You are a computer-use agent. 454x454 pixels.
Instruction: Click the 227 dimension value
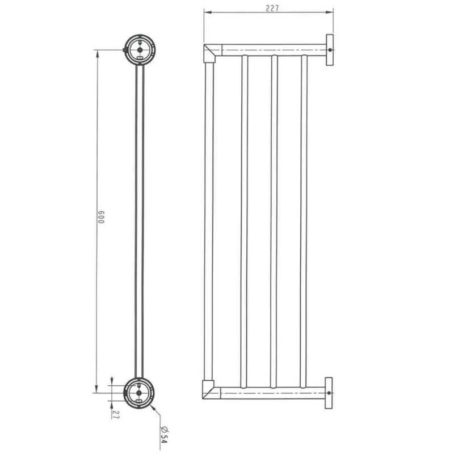(272, 9)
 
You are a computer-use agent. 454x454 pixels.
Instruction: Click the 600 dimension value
(100, 217)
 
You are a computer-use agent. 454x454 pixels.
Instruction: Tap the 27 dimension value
(116, 414)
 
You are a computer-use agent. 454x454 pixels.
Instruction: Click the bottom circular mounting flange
(139, 393)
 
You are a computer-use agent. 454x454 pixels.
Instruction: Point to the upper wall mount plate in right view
(330, 50)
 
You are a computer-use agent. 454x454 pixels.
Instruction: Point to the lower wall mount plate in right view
(329, 393)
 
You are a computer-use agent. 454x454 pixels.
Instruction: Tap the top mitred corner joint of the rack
(209, 53)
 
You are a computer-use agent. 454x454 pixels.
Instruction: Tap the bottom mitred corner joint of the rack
(208, 390)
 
